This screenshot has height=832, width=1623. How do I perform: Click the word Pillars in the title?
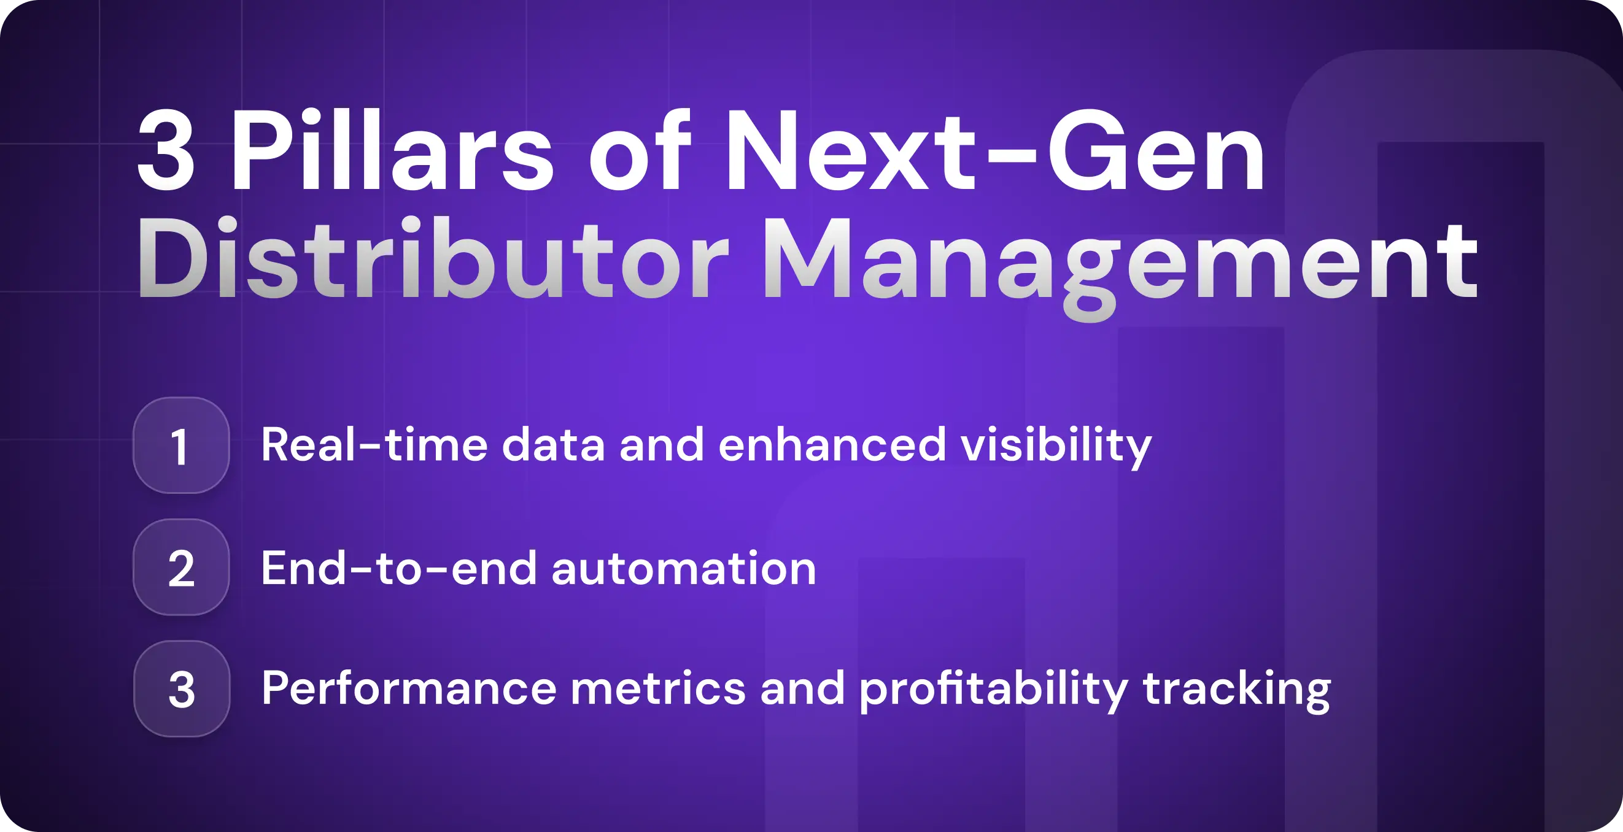coord(390,151)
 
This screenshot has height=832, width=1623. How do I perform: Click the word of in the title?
coord(640,151)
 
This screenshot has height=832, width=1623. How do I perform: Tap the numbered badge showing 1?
coord(181,445)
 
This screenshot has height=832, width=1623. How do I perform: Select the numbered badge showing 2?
coord(181,568)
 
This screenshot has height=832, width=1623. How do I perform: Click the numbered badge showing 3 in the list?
coord(182,689)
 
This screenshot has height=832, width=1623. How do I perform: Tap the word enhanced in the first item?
coord(832,445)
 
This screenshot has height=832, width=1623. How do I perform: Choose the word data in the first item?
coord(553,445)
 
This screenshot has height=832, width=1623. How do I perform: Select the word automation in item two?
coord(684,568)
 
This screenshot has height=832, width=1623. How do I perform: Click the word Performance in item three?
coord(408,688)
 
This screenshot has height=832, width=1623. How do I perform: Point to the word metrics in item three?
coord(658,688)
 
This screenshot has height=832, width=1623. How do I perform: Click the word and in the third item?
coord(802,688)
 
